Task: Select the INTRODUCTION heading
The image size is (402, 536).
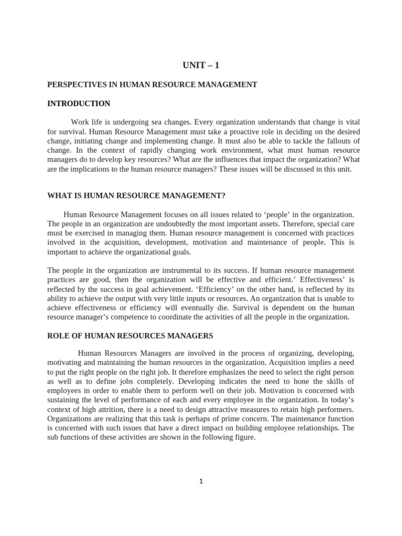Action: pos(79,104)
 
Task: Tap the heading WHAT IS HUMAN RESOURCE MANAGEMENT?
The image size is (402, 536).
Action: pos(136,196)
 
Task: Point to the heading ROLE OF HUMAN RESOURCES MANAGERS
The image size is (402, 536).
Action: pos(130,335)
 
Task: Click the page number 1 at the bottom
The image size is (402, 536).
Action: pos(201,482)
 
